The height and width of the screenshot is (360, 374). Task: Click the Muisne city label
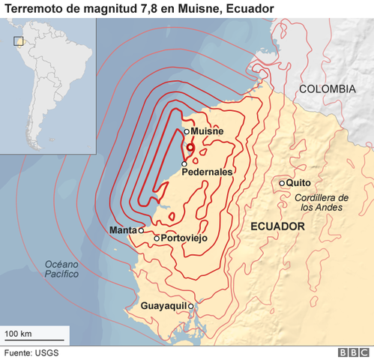coord(208,131)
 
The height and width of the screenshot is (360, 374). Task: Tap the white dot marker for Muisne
coord(187,131)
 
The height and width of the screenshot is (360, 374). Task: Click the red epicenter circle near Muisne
coord(190,148)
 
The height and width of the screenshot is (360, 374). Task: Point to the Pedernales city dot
coord(184,163)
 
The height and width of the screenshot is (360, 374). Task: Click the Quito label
coord(298,182)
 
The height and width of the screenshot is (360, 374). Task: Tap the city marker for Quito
coord(282,183)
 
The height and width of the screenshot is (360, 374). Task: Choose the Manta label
coord(123,229)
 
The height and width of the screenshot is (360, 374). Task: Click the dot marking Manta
coord(141,230)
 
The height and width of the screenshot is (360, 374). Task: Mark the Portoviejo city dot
coord(157,238)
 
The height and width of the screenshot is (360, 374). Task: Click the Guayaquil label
coord(163,306)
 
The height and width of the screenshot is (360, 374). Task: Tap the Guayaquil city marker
coord(191,306)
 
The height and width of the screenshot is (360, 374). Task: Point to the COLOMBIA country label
coord(327,88)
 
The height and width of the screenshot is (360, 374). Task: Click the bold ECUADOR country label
coord(277,226)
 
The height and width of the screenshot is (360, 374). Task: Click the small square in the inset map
coord(19,41)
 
